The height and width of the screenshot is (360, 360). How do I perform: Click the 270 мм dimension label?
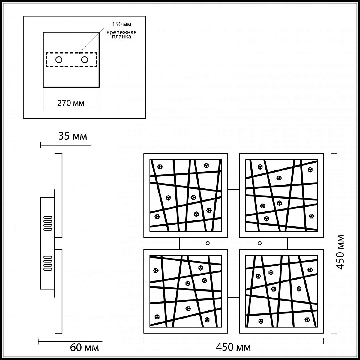(x=71, y=103)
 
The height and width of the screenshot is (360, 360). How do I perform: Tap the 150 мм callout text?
(x=121, y=24)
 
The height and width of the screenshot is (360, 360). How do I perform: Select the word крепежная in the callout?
(x=121, y=32)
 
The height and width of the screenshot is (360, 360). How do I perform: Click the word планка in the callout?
(x=121, y=36)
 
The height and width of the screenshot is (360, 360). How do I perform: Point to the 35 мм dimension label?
(x=73, y=136)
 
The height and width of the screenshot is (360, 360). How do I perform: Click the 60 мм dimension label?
(x=84, y=348)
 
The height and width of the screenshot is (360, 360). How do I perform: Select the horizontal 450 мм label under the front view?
(x=233, y=347)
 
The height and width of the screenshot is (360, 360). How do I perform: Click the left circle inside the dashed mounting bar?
(x=59, y=60)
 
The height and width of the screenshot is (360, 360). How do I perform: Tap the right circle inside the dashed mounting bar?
(x=85, y=60)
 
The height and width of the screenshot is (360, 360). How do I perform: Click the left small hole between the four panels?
(x=208, y=243)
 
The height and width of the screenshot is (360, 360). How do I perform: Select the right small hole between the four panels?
(x=259, y=243)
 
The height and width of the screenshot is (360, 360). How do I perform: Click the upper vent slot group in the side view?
(x=48, y=223)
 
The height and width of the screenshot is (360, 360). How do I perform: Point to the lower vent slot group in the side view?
(x=48, y=263)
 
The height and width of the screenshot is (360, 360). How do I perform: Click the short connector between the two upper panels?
(x=233, y=189)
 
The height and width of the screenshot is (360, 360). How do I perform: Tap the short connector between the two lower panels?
(x=233, y=297)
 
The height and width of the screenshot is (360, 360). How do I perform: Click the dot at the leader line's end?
(x=79, y=53)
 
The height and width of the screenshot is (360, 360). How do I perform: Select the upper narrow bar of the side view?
(x=58, y=195)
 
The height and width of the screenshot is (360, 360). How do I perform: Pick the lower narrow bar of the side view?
(x=58, y=291)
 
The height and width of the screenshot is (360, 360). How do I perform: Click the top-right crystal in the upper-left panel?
(x=206, y=165)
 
